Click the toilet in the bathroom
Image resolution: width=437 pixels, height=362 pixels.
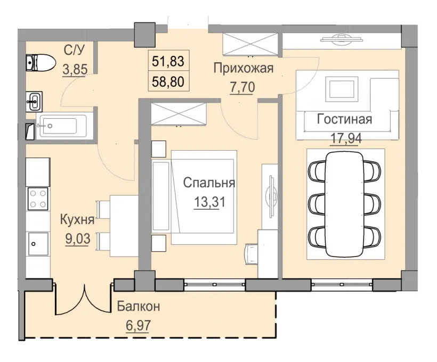pos(41,63)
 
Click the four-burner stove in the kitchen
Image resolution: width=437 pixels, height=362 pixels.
pos(37,199)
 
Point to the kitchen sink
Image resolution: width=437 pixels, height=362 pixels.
pos(38,244)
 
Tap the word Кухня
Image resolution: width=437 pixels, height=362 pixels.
pos(77,219)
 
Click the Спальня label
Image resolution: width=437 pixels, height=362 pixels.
pos(209,183)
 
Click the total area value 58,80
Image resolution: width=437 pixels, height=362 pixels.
pos(168,81)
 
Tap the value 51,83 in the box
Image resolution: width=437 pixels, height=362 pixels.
pos(168,62)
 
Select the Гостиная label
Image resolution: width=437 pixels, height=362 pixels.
pos(344,119)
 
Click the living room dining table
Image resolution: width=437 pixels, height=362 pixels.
pos(345,202)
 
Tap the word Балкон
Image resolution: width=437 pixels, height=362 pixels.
pos(139,307)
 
